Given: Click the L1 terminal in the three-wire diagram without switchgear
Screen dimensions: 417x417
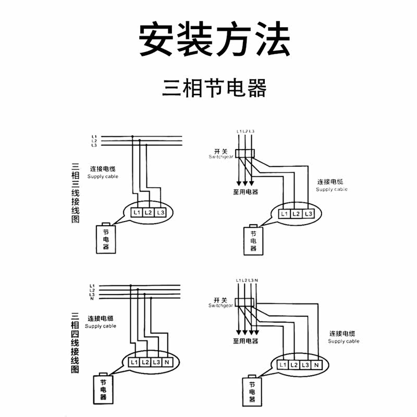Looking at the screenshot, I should coord(137,213).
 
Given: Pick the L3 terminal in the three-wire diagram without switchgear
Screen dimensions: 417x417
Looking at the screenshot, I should coord(161,213).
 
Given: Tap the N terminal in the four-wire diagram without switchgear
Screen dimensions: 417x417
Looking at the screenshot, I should coord(167,362).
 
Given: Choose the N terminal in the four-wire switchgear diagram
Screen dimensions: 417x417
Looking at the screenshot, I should coord(316,365).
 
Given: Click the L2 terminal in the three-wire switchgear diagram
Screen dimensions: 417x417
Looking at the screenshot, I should coord(296,214).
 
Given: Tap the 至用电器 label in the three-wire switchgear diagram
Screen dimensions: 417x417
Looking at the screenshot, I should coord(245,191).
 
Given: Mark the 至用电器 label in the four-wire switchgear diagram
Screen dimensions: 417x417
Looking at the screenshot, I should coord(245,341).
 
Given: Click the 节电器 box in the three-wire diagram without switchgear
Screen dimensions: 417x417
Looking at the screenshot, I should coord(106,239).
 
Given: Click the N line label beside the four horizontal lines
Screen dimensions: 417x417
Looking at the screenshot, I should coord(92,299).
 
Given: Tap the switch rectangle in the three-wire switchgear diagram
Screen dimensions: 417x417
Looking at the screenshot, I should coord(244,152).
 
